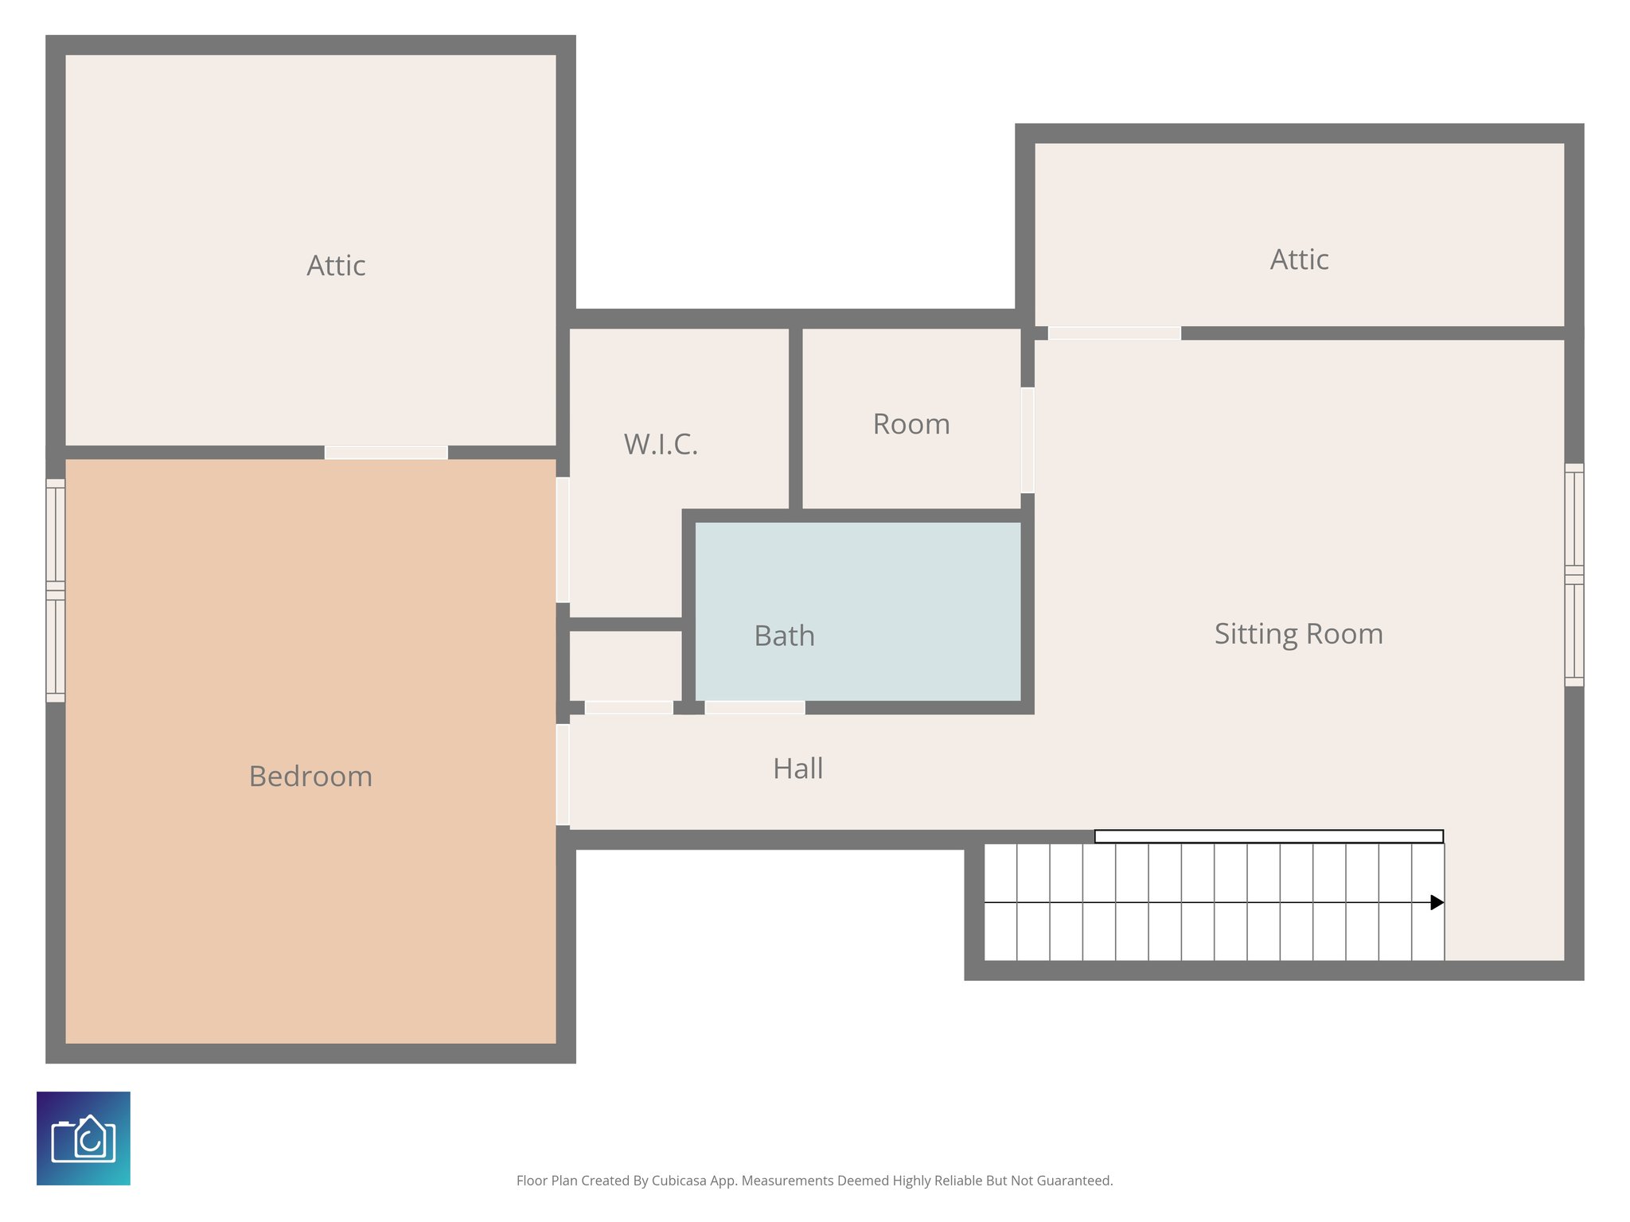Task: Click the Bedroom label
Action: (x=310, y=776)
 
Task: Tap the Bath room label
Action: (x=784, y=636)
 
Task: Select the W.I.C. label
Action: (x=661, y=445)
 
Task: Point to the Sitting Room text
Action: (x=1298, y=634)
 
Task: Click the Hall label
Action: (x=797, y=769)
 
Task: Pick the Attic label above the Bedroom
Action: (x=336, y=266)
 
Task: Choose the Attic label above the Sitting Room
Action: (x=1299, y=260)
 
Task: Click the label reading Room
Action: (x=911, y=424)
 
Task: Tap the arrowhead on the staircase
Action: (x=1437, y=902)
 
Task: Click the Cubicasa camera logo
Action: (x=84, y=1138)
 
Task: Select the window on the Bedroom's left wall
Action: (x=55, y=590)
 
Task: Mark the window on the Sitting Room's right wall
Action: (x=1573, y=574)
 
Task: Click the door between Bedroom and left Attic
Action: (x=386, y=453)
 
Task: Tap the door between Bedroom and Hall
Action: (x=563, y=774)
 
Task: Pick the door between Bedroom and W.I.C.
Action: (x=563, y=539)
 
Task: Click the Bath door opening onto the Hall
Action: (x=755, y=707)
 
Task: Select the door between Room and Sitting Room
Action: (x=1028, y=440)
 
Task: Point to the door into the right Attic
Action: (x=1113, y=333)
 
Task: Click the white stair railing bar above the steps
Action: (x=1269, y=836)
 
